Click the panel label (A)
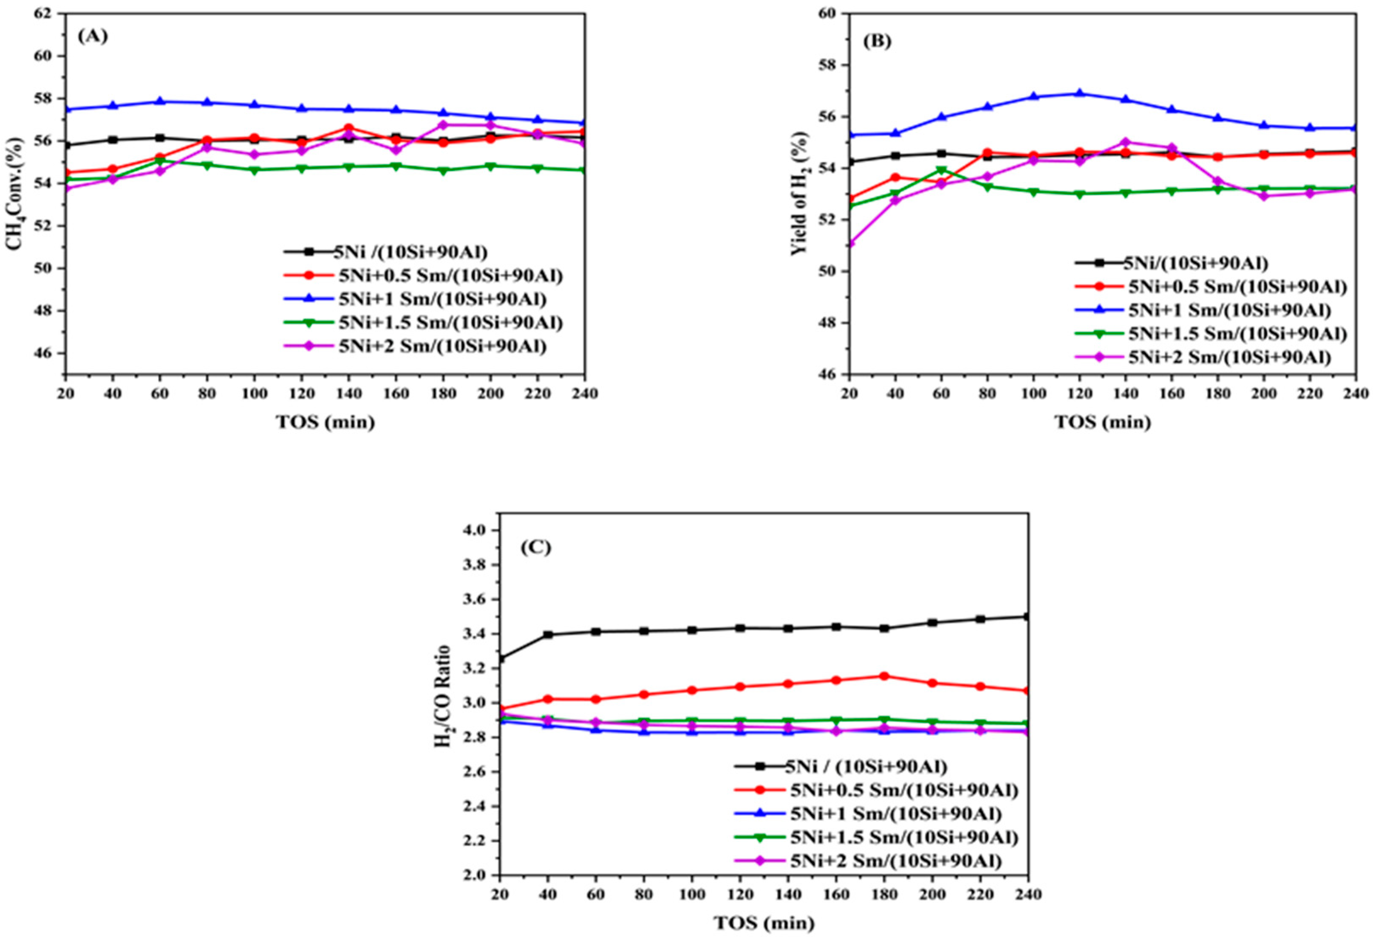pos(93,37)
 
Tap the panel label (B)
pos(878,41)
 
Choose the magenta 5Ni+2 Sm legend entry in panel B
pos(1229,357)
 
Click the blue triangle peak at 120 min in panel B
pos(1080,93)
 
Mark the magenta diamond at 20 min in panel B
pos(849,243)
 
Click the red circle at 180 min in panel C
pos(884,676)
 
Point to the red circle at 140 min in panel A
pos(348,128)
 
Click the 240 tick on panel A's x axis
pos(584,393)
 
